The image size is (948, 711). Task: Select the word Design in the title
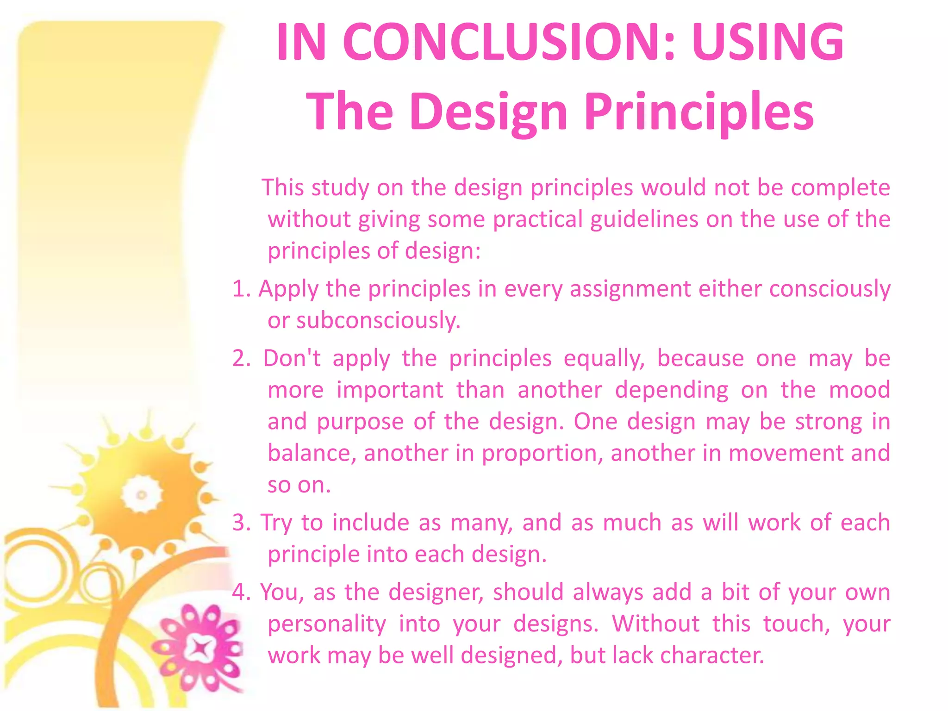(488, 112)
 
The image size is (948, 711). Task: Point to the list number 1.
(241, 289)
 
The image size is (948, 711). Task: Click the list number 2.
(241, 358)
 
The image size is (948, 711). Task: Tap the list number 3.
(241, 523)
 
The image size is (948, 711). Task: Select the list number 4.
(241, 592)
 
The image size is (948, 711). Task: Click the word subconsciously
(378, 320)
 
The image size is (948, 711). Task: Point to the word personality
(326, 624)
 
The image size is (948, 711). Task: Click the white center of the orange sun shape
(142, 495)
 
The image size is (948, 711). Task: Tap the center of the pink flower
(200, 648)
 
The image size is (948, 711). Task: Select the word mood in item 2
(859, 390)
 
